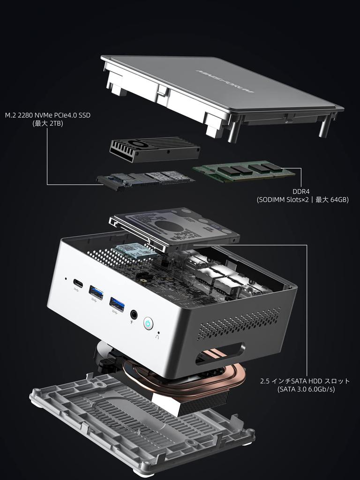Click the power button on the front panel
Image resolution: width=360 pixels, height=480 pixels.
tap(149, 322)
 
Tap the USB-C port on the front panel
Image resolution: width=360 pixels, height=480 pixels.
tap(78, 283)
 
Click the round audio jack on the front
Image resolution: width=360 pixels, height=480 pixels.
tap(135, 315)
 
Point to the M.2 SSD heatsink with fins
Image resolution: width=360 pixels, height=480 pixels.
tap(155, 149)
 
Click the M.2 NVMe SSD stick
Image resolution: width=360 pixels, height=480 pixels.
tap(145, 178)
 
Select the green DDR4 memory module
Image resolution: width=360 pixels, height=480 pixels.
tap(243, 171)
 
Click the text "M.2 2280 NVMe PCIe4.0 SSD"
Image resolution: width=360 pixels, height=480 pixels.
tap(48, 115)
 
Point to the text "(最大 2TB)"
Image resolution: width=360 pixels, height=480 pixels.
tap(48, 124)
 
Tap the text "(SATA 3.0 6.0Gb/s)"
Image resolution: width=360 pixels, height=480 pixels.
tap(306, 389)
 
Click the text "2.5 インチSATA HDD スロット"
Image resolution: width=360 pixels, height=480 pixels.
tap(305, 381)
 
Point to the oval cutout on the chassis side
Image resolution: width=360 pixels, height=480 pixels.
tap(219, 352)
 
